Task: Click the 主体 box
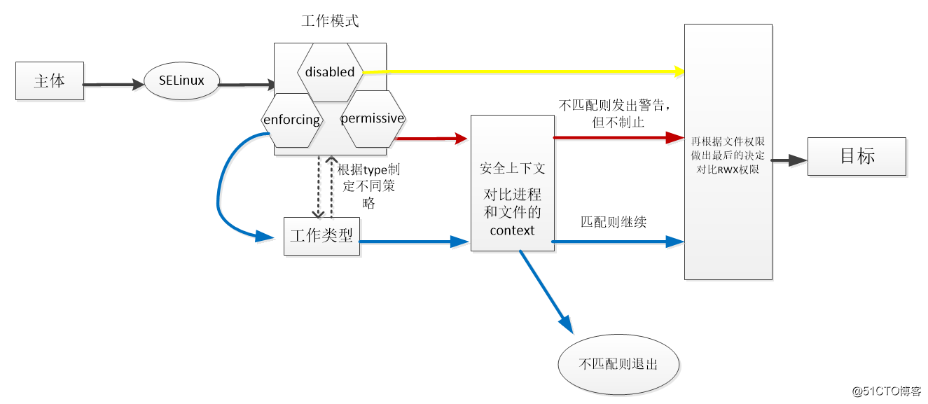(x=49, y=81)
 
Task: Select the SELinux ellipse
(x=181, y=81)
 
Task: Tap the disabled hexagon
(x=330, y=71)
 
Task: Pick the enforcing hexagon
(x=291, y=120)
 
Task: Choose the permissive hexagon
(x=372, y=118)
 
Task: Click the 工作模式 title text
(x=330, y=21)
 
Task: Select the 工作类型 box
(x=321, y=236)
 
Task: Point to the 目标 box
(x=857, y=156)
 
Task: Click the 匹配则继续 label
(x=613, y=222)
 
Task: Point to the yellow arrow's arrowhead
(x=679, y=71)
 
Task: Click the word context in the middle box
(x=512, y=230)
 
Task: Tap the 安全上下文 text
(x=512, y=169)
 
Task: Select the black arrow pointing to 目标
(x=789, y=160)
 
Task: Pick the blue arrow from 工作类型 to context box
(x=413, y=242)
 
